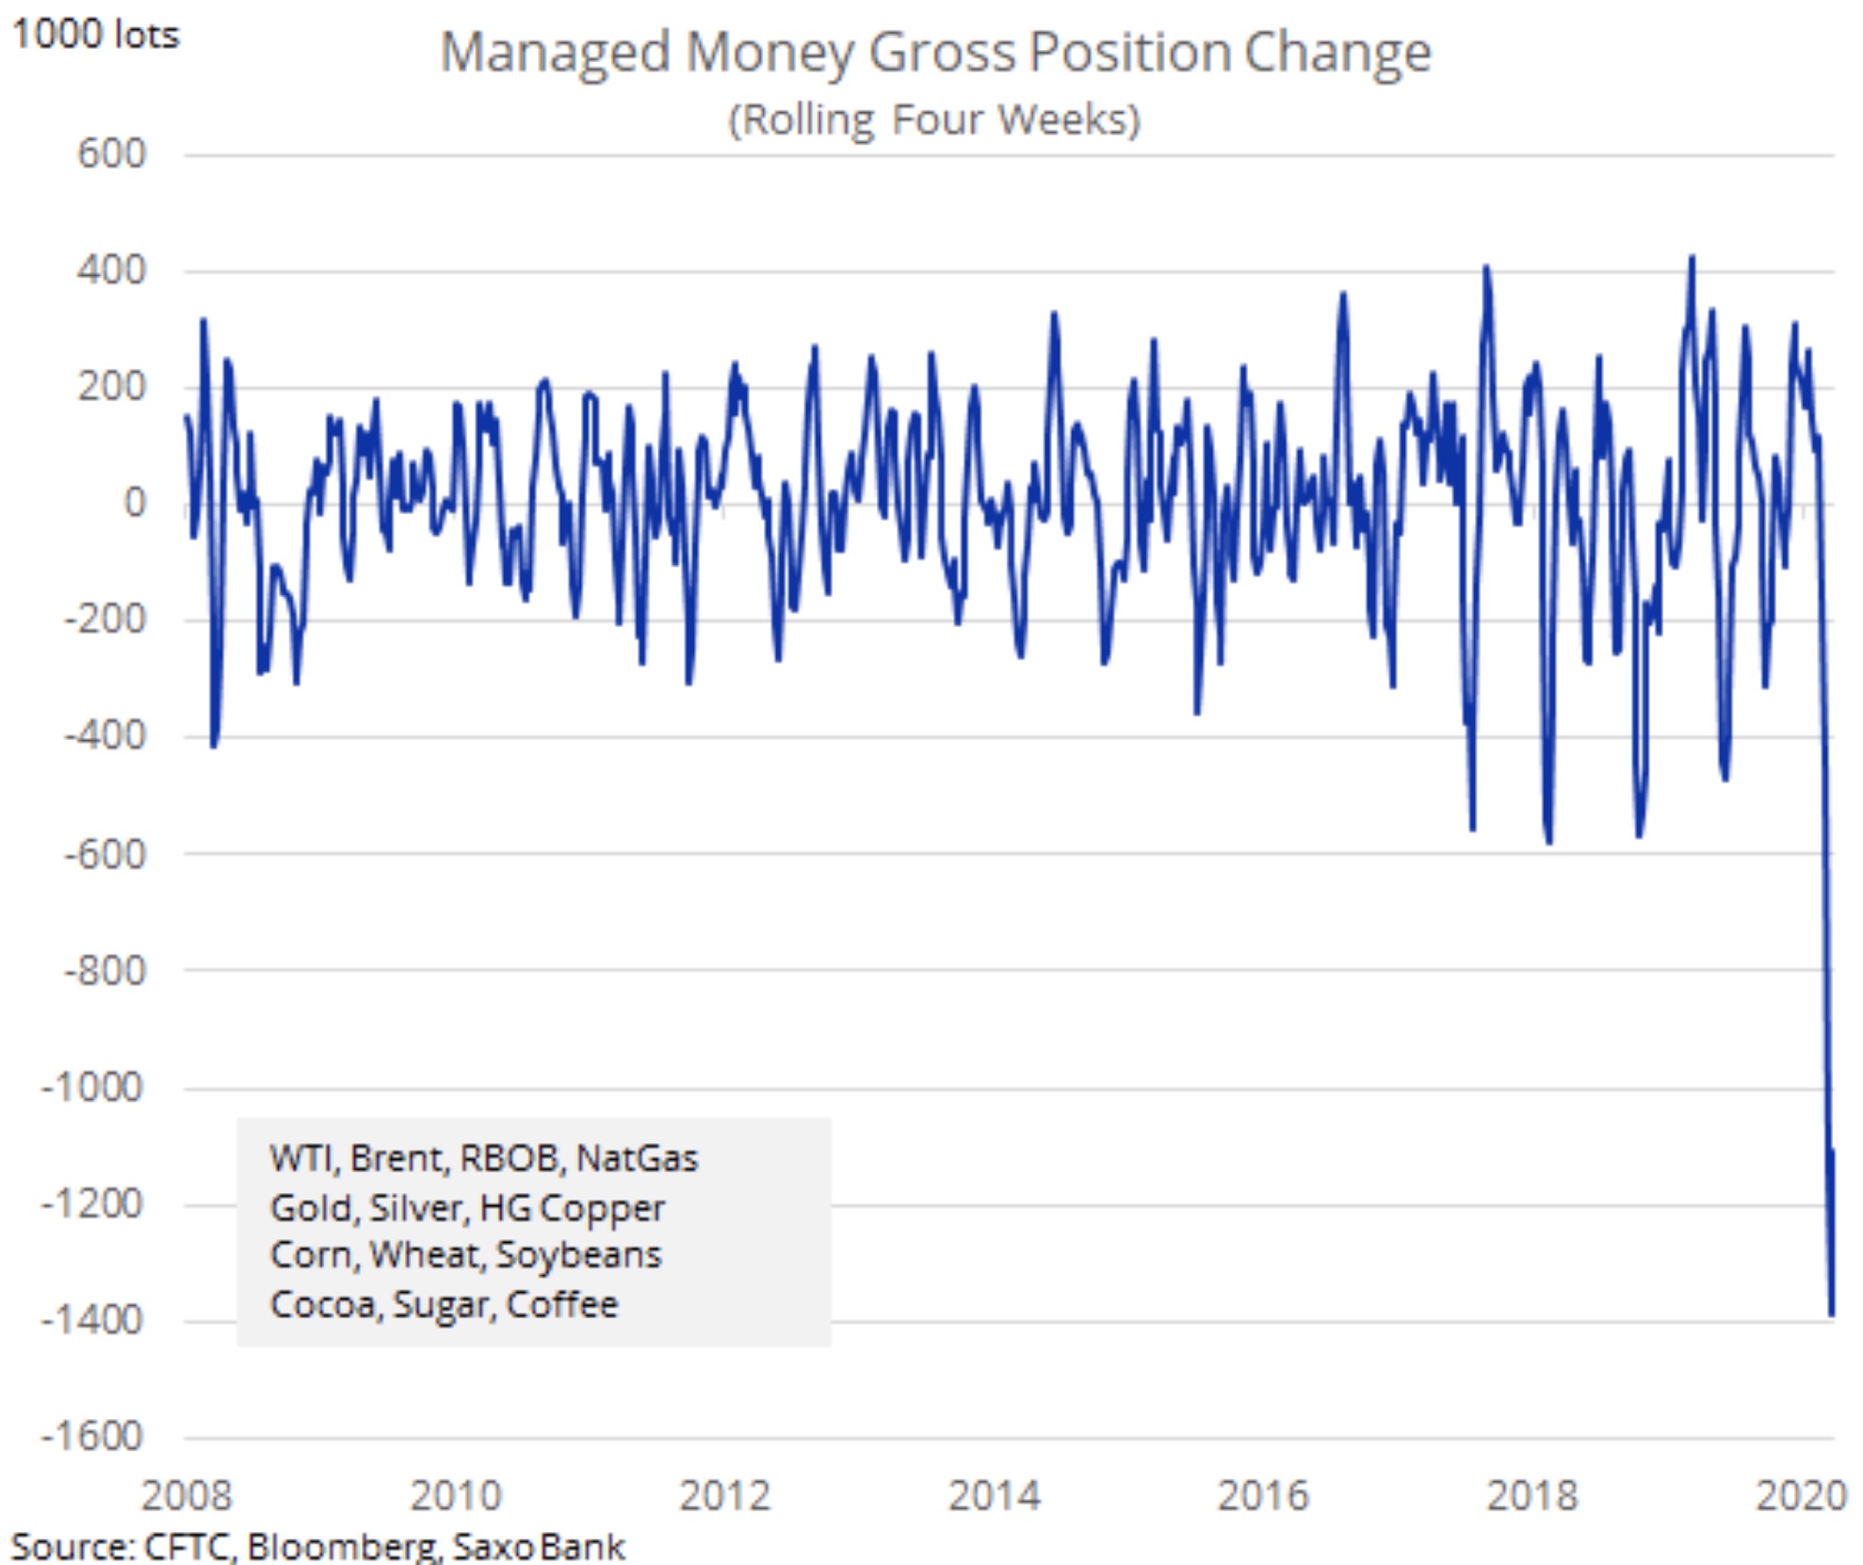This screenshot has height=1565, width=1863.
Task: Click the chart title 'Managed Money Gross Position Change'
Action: pyautogui.click(x=935, y=52)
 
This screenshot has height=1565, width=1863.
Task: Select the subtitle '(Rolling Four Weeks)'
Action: pyautogui.click(x=934, y=120)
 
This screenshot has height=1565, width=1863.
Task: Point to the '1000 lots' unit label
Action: pyautogui.click(x=95, y=35)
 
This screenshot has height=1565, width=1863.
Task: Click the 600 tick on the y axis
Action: pyautogui.click(x=111, y=153)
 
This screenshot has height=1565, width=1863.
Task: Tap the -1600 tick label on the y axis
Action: pyautogui.click(x=91, y=1437)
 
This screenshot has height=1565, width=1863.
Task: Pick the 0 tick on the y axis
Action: pyautogui.click(x=135, y=503)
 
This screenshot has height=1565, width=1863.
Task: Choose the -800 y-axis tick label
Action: pyautogui.click(x=105, y=970)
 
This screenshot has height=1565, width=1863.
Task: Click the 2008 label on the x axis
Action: pyautogui.click(x=186, y=1495)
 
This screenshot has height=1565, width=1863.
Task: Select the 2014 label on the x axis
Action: pyautogui.click(x=994, y=1495)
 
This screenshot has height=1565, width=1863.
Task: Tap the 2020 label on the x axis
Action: pyautogui.click(x=1801, y=1495)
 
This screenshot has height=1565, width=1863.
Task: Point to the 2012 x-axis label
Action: pyautogui.click(x=724, y=1495)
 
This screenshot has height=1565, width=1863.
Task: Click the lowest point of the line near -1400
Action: pyautogui.click(x=1832, y=1315)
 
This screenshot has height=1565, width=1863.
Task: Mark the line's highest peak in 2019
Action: pyautogui.click(x=1693, y=257)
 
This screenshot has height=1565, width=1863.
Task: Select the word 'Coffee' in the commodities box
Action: pyautogui.click(x=562, y=1305)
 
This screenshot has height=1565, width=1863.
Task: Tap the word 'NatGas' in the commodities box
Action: pyautogui.click(x=637, y=1158)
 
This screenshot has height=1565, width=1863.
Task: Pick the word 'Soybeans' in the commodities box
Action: pyautogui.click(x=578, y=1255)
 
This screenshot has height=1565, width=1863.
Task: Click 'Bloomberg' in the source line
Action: pyautogui.click(x=343, y=1547)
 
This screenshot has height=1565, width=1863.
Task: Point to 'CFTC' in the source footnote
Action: pyautogui.click(x=186, y=1547)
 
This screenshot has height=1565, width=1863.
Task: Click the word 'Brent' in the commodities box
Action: pyautogui.click(x=397, y=1158)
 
